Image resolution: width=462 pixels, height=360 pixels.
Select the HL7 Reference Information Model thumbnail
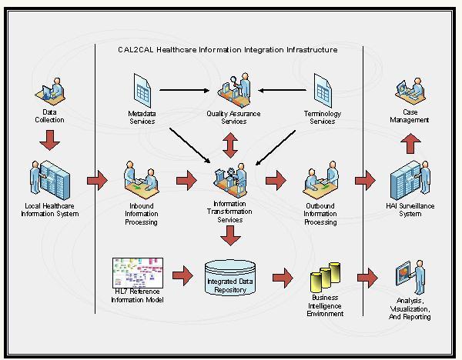[x=138, y=273]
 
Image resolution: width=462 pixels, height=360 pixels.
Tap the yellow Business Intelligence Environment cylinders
[x=325, y=278]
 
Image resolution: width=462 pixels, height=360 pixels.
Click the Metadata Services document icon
[x=142, y=91]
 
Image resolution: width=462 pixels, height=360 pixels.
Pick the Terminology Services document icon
[x=323, y=91]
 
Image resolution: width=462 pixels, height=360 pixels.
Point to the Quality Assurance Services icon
[x=234, y=90]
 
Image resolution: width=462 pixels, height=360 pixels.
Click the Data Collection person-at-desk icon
[x=50, y=92]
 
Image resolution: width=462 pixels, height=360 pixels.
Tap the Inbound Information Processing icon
[x=141, y=180]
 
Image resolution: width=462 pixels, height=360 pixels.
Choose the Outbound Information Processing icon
[x=320, y=180]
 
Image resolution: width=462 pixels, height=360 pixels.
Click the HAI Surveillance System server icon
[x=410, y=180]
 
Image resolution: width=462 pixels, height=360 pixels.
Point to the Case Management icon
[x=410, y=92]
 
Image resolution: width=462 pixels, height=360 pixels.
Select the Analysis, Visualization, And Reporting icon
[x=410, y=277]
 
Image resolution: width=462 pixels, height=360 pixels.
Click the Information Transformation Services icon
[x=230, y=180]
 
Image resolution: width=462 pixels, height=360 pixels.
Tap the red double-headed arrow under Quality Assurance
[x=230, y=145]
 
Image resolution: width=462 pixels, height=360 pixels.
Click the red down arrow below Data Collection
[x=49, y=141]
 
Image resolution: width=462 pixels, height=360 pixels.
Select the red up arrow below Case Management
[x=410, y=143]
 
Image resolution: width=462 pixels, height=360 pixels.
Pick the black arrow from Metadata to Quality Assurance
[x=185, y=90]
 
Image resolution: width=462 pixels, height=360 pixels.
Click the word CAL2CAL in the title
[x=136, y=50]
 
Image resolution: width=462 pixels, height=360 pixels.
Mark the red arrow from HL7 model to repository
[x=182, y=275]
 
